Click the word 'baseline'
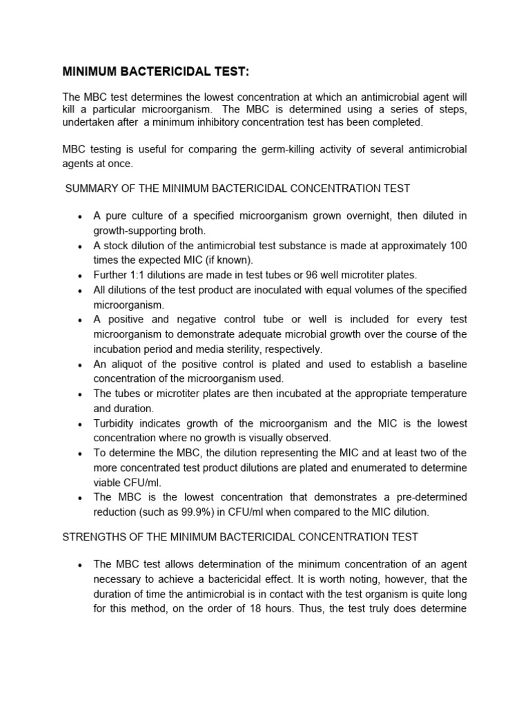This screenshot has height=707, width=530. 446,364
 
